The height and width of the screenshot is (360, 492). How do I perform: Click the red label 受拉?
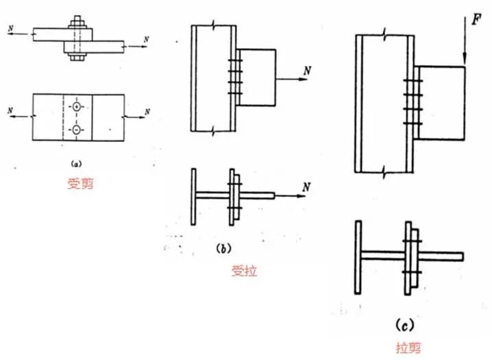coord(244,272)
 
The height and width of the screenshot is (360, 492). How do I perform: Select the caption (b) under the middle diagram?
coord(223,250)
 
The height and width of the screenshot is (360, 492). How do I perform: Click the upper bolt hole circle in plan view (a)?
coord(77,108)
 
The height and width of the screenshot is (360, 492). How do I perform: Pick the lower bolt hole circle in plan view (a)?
coord(77,130)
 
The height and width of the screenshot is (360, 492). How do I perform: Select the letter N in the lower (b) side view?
coord(306,187)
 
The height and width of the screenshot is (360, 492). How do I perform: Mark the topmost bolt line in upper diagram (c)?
coord(412,82)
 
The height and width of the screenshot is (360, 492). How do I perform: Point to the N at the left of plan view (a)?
coord(9,110)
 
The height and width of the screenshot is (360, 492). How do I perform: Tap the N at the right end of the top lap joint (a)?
coord(146,40)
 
